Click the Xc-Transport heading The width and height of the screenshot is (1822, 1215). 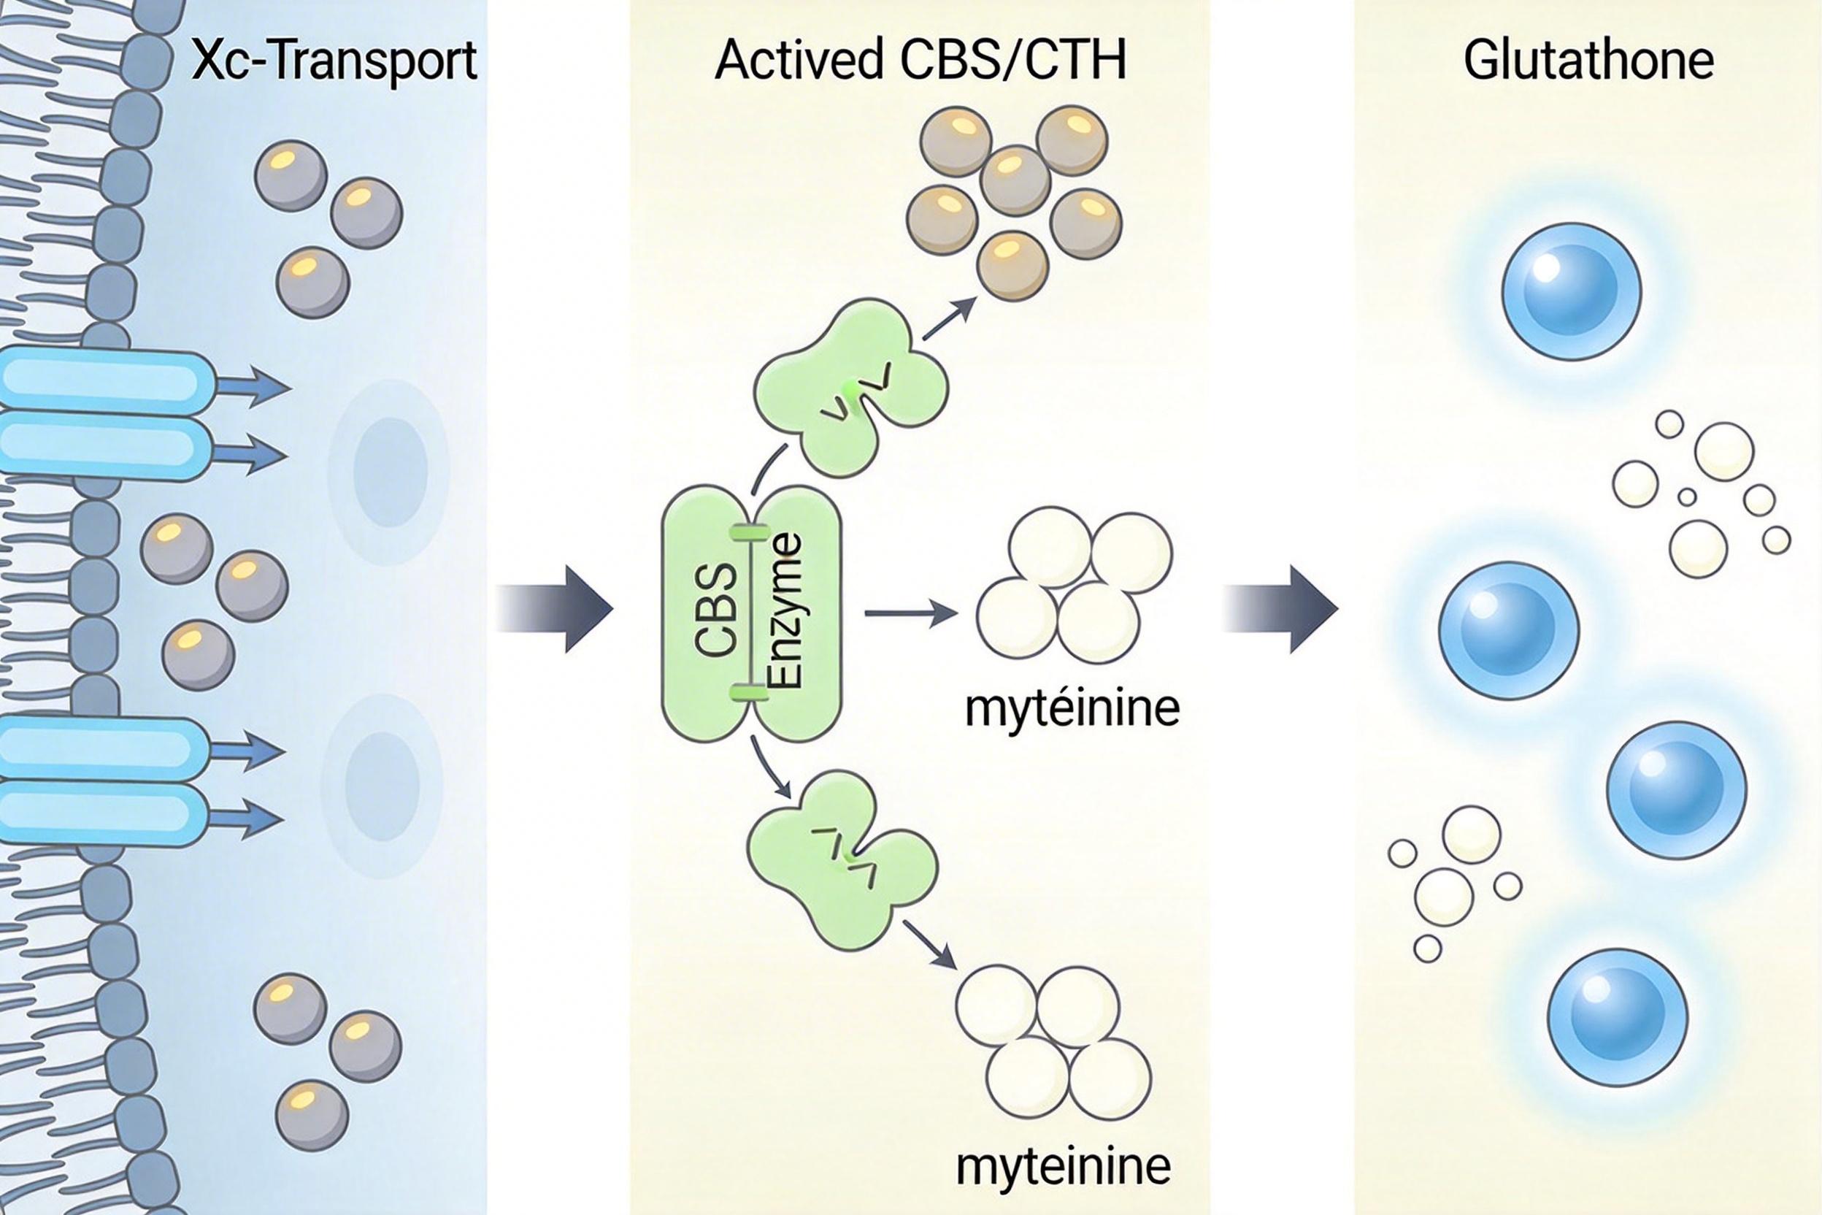point(333,61)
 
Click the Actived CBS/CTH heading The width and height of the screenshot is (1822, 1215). point(920,61)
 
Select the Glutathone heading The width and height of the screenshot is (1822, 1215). point(1588,61)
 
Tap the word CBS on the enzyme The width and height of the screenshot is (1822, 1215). point(718,611)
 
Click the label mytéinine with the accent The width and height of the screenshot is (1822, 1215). point(1072,708)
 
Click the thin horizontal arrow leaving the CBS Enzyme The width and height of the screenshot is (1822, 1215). point(911,613)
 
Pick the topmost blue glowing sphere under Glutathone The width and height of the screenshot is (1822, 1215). point(1571,291)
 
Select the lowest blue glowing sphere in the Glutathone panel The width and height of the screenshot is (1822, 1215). point(1617,1017)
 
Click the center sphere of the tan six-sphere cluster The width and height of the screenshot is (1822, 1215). point(1015,181)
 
